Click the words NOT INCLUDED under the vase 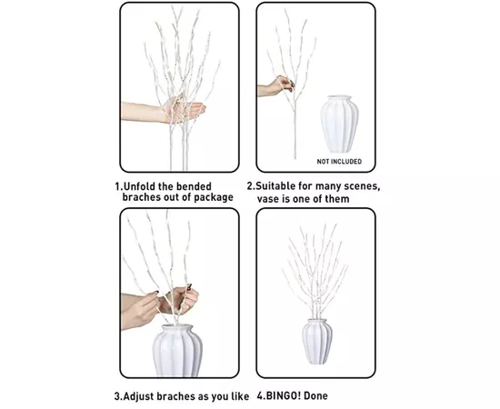coord(339,162)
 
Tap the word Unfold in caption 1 coord(137,186)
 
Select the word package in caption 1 coord(214,197)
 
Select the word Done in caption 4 coord(315,396)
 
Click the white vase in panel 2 coord(339,124)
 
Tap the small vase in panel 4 coord(317,342)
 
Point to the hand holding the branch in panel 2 coord(281,85)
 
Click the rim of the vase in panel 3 coord(177,328)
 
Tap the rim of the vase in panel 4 coord(317,320)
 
